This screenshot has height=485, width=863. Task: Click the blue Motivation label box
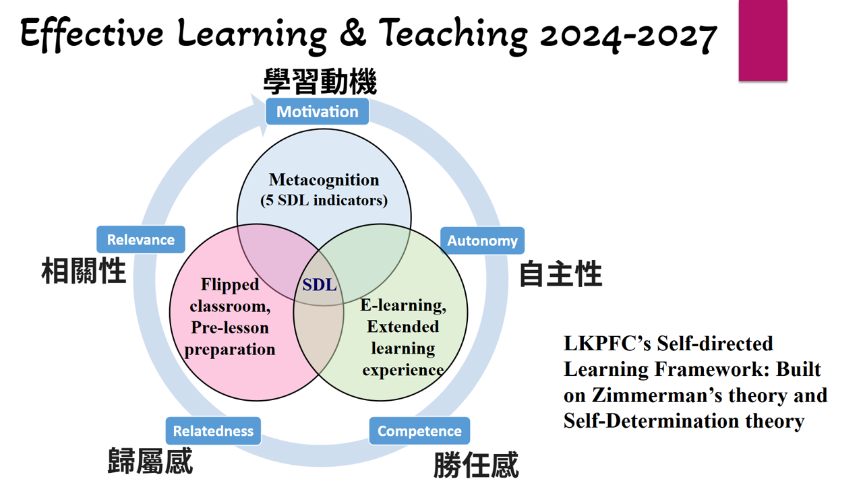317,112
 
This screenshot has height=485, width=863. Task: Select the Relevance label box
141,239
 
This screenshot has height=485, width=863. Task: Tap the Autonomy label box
482,240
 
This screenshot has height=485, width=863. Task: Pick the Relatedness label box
213,430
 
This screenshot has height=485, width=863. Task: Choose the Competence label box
419,430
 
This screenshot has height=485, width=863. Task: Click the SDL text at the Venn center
320,285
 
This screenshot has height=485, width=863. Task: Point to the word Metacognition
324,180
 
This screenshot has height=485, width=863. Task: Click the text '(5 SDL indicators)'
324,200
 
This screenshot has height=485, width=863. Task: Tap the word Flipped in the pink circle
230,285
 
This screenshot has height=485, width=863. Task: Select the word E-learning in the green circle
403,306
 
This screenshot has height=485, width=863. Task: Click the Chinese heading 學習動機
320,82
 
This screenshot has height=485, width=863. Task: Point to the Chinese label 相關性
84,271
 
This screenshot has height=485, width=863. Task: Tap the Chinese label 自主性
560,273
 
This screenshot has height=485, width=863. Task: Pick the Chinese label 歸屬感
150,461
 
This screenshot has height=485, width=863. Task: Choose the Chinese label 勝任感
476,465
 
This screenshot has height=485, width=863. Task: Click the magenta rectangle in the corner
763,40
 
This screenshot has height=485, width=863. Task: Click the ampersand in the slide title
353,33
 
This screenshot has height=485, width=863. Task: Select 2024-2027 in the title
628,36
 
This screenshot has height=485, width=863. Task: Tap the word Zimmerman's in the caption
657,395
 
